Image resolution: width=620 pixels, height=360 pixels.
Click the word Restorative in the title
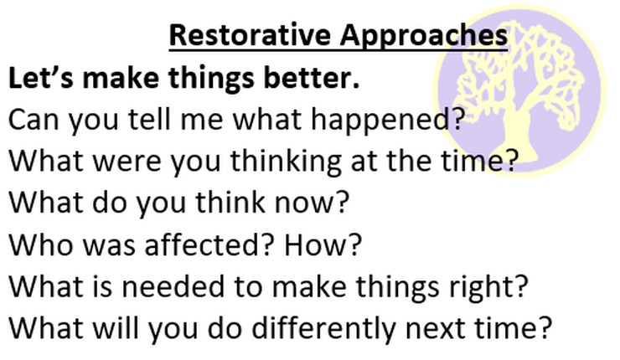pyautogui.click(x=250, y=35)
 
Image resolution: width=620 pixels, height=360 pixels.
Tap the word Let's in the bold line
pyautogui.click(x=41, y=77)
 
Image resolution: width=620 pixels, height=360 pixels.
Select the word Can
pyautogui.click(x=34, y=120)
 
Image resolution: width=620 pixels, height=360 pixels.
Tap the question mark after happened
pyautogui.click(x=458, y=119)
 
